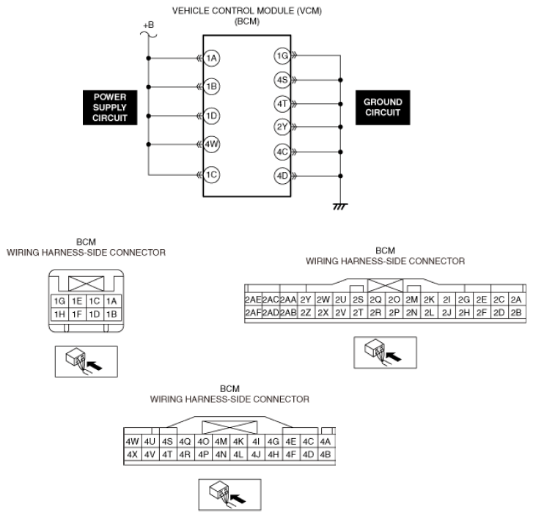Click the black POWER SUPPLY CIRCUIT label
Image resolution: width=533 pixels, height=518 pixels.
tap(110, 107)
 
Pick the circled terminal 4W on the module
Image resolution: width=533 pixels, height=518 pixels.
tap(212, 144)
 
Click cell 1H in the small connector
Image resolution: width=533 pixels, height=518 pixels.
tap(59, 314)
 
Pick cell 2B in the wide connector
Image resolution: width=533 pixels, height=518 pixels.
tap(515, 313)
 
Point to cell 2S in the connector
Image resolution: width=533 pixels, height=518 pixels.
tap(358, 300)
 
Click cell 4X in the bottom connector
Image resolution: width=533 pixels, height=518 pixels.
tap(133, 454)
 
